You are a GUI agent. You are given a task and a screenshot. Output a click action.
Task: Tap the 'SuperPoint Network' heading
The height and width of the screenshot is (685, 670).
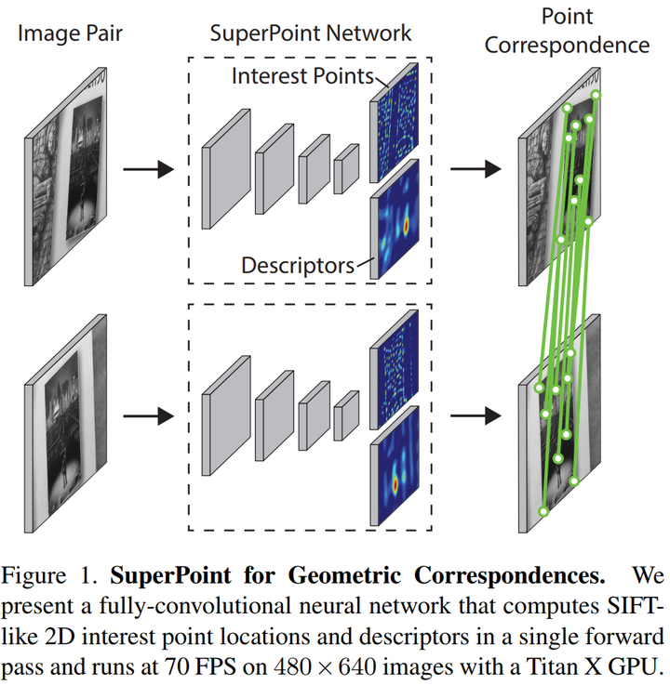tap(311, 34)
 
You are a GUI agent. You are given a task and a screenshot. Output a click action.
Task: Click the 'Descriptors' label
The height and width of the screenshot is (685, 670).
tap(298, 265)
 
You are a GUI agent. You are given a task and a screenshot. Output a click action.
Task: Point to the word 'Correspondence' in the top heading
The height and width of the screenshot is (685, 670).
tap(583, 45)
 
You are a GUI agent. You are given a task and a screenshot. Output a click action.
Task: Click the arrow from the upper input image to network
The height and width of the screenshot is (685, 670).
tap(150, 170)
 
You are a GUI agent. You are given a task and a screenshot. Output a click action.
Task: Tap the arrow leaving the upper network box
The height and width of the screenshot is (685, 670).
tap(475, 170)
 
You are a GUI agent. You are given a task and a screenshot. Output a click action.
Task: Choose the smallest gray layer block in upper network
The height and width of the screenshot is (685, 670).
tap(346, 165)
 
